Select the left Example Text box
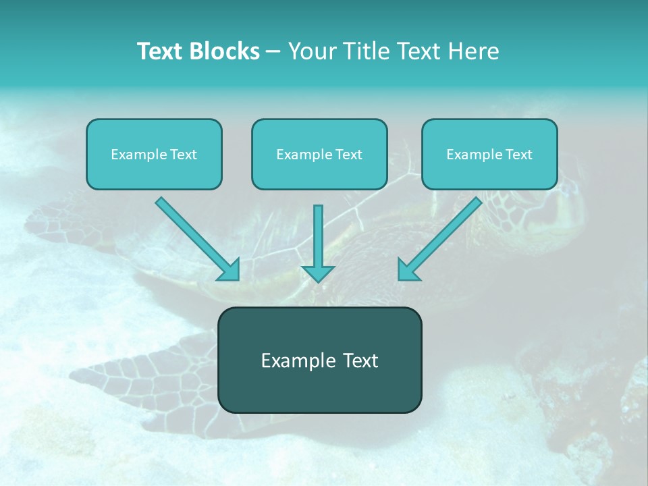click(x=154, y=154)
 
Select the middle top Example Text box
click(x=319, y=154)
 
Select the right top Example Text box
click(x=489, y=154)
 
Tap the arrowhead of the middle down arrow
click(x=318, y=273)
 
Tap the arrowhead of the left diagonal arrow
click(x=230, y=271)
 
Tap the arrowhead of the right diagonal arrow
click(x=408, y=271)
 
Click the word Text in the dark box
click(x=360, y=360)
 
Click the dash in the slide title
click(x=273, y=51)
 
